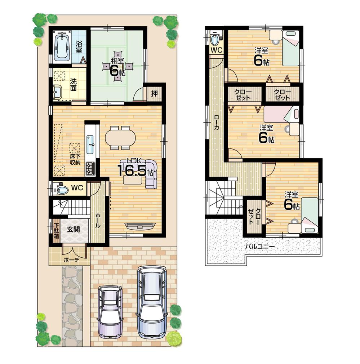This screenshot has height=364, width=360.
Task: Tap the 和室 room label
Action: pos(115,61)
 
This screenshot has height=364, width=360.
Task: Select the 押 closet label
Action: pos(154,93)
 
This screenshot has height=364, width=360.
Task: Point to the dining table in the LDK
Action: pos(120,137)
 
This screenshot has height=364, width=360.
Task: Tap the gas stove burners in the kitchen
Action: pos(90,168)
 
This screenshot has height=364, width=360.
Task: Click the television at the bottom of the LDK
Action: pos(140,226)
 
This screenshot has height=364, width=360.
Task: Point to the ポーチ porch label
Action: pos(71,259)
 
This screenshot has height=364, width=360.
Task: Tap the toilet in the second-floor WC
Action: pos(215,39)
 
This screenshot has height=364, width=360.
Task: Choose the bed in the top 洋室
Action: pos(290,48)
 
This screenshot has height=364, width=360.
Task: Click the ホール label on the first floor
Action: pos(97,220)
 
